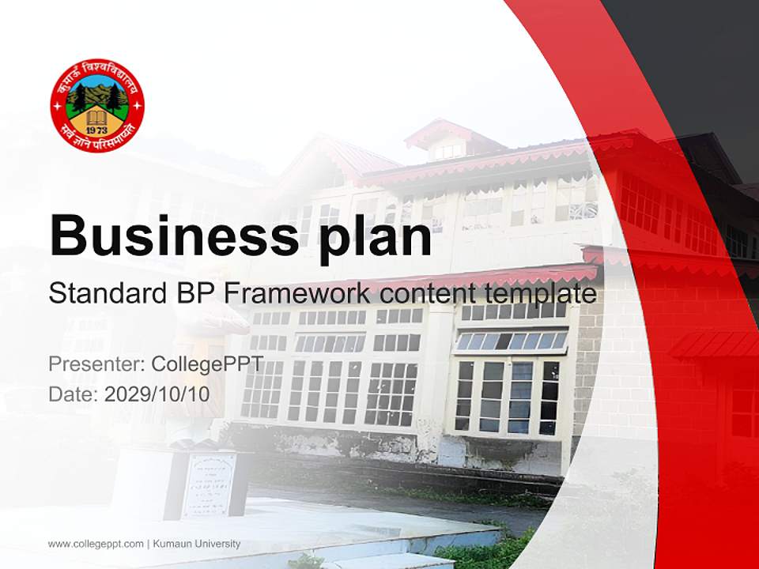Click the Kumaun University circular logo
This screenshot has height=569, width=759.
click(97, 105)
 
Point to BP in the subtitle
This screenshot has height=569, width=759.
click(194, 294)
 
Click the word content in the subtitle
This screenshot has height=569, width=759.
click(426, 294)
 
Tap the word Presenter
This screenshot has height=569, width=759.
click(86, 364)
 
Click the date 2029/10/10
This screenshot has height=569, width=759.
click(157, 394)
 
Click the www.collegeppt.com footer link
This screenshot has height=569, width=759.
click(95, 544)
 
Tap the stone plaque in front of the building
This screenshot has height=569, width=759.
click(209, 484)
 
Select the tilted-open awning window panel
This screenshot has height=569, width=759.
click(511, 341)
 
